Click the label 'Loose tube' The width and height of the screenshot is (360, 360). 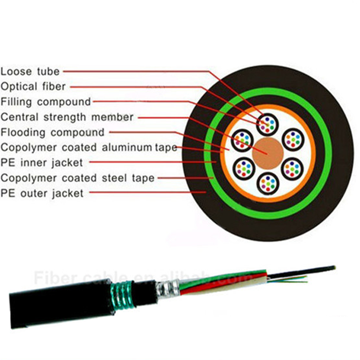30,71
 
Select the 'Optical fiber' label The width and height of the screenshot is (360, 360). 33,86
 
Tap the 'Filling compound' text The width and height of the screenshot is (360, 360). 46,102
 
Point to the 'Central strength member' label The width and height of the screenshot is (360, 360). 67,117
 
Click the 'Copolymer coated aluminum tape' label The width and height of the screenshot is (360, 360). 89,148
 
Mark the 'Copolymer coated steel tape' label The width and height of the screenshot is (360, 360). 78,178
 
